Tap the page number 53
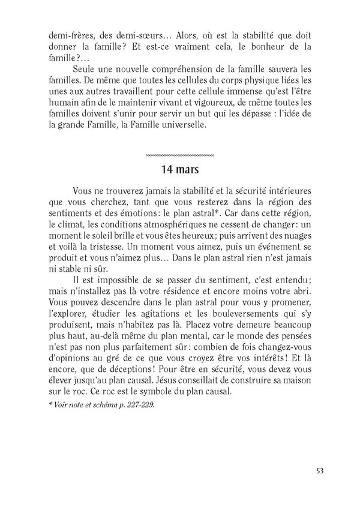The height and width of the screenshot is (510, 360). [x=319, y=470]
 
